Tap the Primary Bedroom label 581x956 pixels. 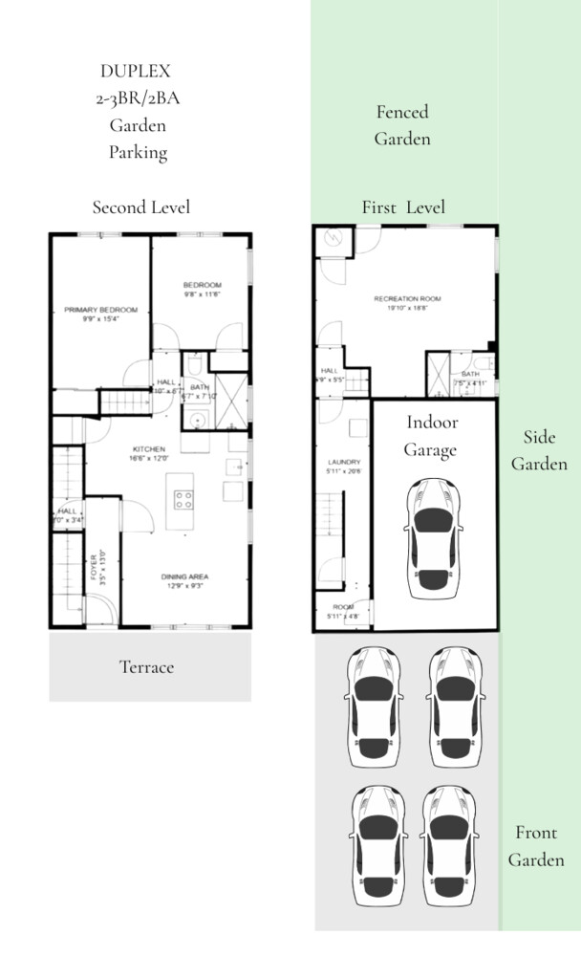tap(100, 310)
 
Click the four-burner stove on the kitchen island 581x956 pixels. tap(182, 499)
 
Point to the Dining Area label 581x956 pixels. tap(184, 576)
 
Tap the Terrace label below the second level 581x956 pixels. tap(146, 667)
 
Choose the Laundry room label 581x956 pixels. tap(341, 463)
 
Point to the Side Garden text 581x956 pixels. tap(539, 450)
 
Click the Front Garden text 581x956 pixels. tap(535, 846)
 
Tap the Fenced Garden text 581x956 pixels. tap(401, 125)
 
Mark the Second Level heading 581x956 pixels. tap(140, 206)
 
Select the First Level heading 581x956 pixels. tap(402, 206)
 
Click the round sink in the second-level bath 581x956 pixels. tap(199, 419)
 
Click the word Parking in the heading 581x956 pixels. tap(138, 152)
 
